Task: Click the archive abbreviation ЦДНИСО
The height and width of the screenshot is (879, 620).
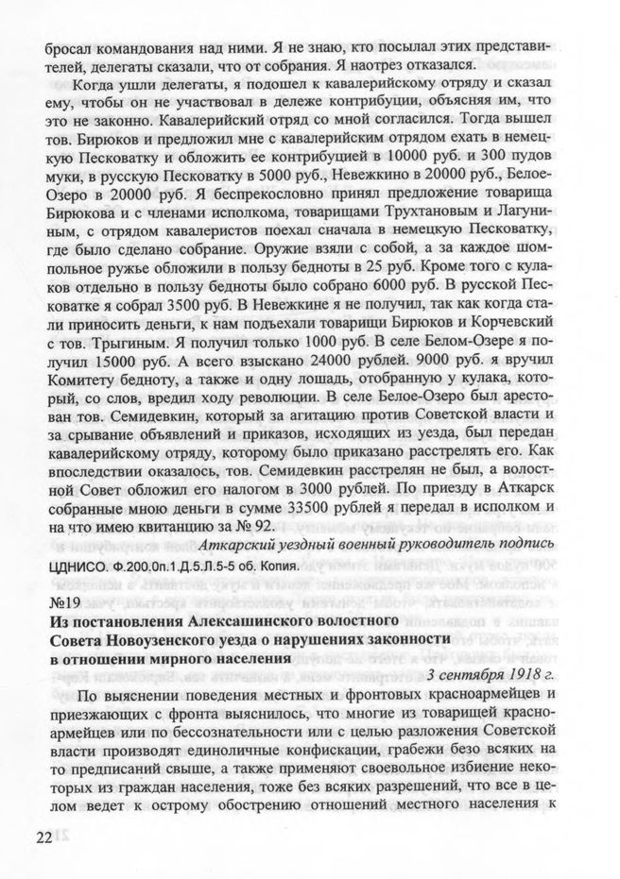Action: point(78,568)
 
